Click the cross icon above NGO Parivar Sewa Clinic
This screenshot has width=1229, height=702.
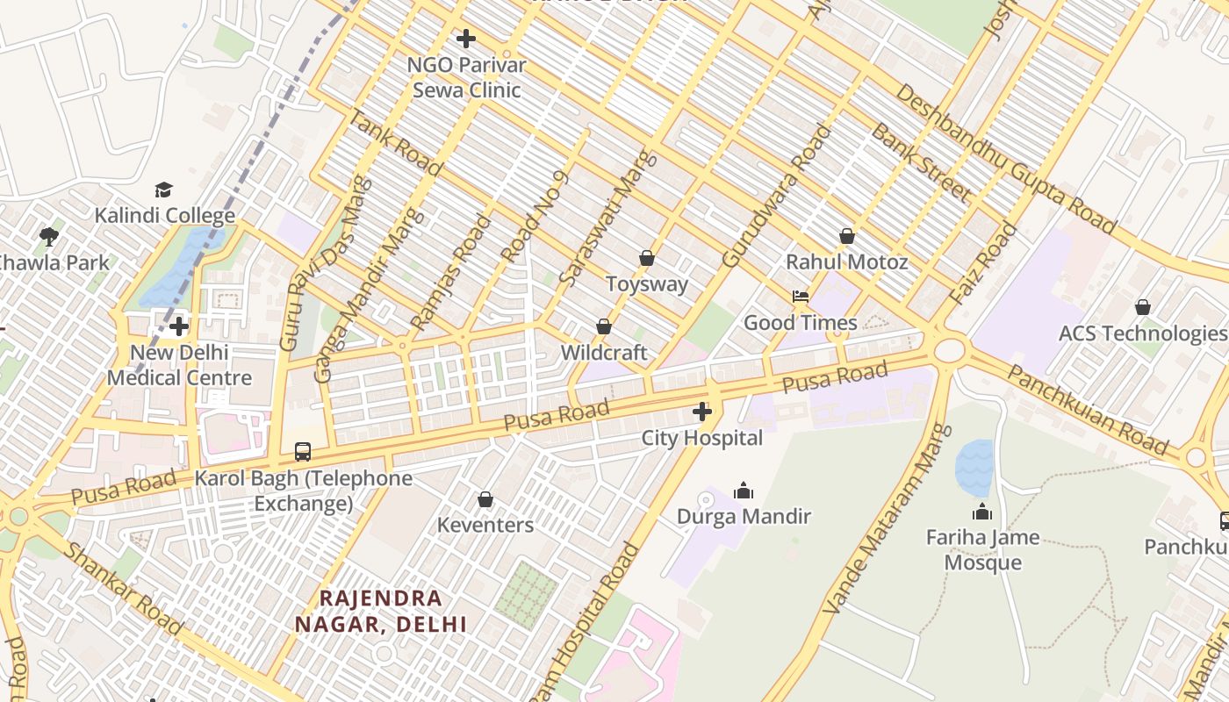coord(466,39)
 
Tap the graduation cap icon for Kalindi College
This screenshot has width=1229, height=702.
coord(164,190)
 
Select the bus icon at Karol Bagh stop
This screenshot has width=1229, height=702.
coord(303,452)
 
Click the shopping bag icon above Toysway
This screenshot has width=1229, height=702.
coord(647,258)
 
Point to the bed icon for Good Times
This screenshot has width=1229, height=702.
coord(801,297)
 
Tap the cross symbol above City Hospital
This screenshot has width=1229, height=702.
coord(702,412)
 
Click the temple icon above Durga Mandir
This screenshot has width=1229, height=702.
coord(744,491)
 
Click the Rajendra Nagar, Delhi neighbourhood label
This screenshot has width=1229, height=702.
coord(380,611)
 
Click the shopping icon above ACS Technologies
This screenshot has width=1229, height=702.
coord(1142,307)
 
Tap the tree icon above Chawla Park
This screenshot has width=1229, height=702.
coord(49,236)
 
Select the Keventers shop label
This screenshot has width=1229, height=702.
coord(485,525)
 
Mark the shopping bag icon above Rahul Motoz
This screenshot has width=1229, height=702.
coord(847,236)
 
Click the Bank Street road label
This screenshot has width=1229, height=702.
coord(920,162)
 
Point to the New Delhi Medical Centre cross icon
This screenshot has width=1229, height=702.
coord(179,326)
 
